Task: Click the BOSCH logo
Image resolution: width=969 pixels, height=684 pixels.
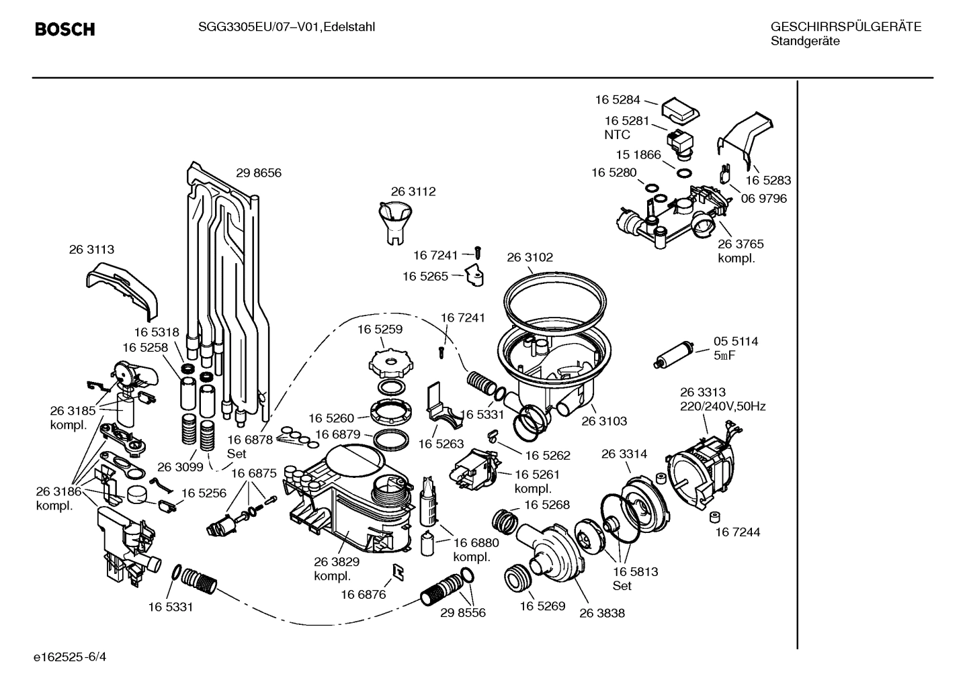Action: pos(65,30)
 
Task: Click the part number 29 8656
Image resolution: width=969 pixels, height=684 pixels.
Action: pos(259,173)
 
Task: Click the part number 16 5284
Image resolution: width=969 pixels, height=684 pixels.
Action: pos(618,100)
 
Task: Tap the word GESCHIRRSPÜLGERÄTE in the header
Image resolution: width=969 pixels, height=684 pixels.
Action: pos(845,27)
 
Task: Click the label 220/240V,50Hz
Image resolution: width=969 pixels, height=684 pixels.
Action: pos(722,406)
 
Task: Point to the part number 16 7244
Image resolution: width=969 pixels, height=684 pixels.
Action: pos(737,532)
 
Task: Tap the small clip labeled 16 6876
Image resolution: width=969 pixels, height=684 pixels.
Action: pos(397,571)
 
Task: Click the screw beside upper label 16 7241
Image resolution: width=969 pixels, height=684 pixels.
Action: pos(478,252)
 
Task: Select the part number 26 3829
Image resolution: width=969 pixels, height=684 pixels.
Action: pos(337,562)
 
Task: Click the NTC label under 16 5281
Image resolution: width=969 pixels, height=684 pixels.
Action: pos(617,134)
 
